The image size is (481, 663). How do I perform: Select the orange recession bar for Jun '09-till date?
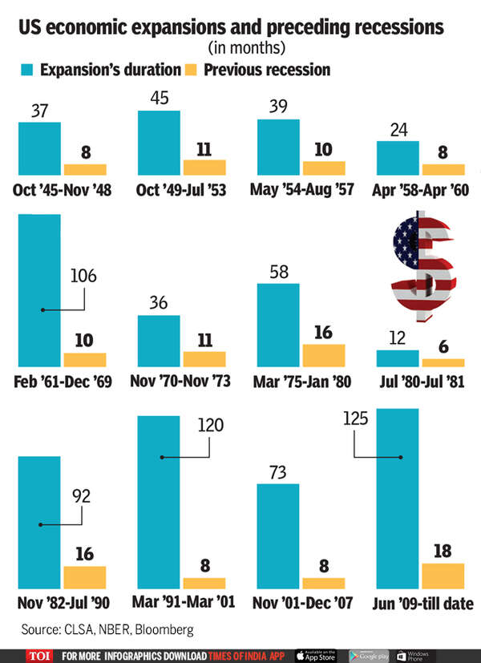point(443,574)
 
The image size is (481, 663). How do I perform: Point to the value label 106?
point(83,277)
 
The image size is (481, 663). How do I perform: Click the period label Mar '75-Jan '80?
point(301,380)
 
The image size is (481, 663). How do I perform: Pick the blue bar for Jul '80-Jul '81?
point(398,358)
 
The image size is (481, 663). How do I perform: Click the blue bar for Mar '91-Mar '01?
point(158,502)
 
